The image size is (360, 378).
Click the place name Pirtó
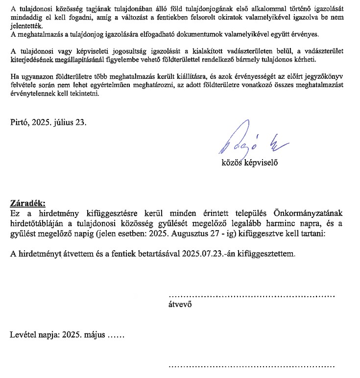click(x=21, y=122)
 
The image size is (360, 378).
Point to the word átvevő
click(x=179, y=304)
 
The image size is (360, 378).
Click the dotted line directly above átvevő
click(x=251, y=296)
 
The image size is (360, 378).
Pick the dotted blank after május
click(x=116, y=337)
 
